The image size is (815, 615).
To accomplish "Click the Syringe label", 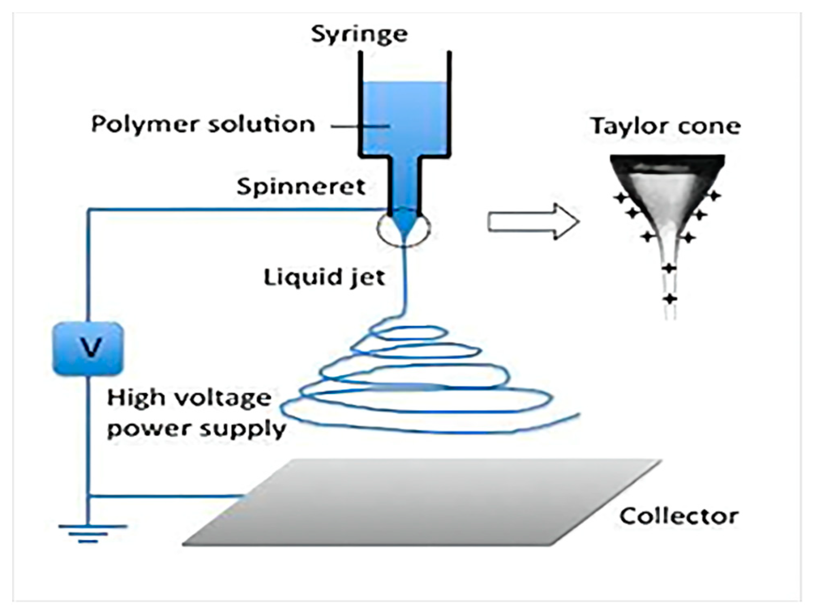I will tap(359, 34).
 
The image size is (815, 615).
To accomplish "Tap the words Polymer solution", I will tap(203, 125).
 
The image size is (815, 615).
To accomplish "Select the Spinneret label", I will tap(301, 187).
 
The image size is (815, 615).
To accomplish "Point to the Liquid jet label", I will tap(324, 278).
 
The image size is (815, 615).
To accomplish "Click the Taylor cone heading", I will tap(665, 126).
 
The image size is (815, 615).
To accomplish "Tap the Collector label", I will tap(679, 517).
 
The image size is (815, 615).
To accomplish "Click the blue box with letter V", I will tap(88, 349).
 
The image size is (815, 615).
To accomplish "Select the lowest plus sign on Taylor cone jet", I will tap(670, 299).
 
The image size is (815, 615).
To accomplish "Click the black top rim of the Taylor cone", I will tap(668, 161).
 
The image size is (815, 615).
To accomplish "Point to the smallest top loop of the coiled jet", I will tap(409, 333).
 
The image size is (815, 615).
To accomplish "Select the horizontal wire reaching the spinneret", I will tap(235, 209).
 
